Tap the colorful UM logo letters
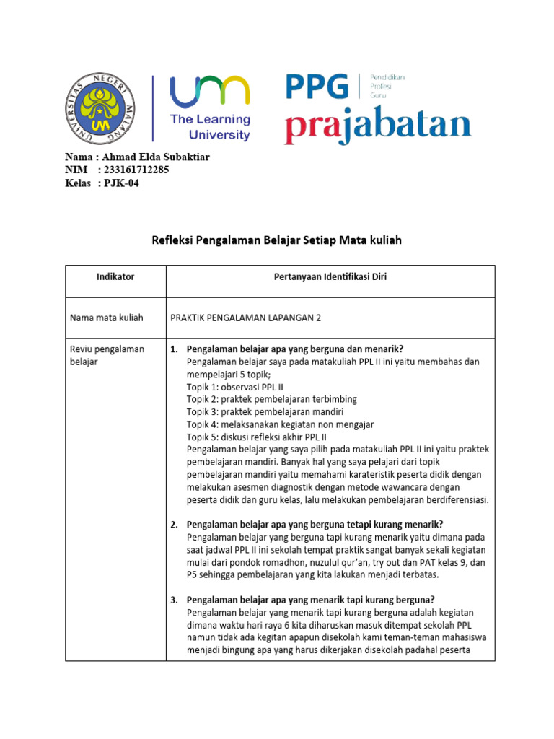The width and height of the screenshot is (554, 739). click(x=209, y=92)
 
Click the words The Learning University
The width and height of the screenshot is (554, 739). click(x=210, y=127)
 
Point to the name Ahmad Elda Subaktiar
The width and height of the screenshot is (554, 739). click(x=156, y=157)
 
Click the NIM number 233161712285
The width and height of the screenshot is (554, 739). click(x=136, y=170)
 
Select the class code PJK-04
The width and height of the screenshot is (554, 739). click(x=120, y=183)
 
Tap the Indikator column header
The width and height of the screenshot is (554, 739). click(x=115, y=276)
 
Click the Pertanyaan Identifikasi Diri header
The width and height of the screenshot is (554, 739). click(x=330, y=276)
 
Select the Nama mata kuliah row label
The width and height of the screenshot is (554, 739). click(x=106, y=318)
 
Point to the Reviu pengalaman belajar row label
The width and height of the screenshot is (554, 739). click(x=107, y=355)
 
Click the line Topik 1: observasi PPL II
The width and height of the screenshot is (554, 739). click(x=234, y=387)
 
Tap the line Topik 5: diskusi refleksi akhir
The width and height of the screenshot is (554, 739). click(x=256, y=437)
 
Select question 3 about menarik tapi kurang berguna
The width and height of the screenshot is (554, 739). click(x=310, y=600)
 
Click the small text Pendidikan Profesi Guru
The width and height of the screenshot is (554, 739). click(x=387, y=85)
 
